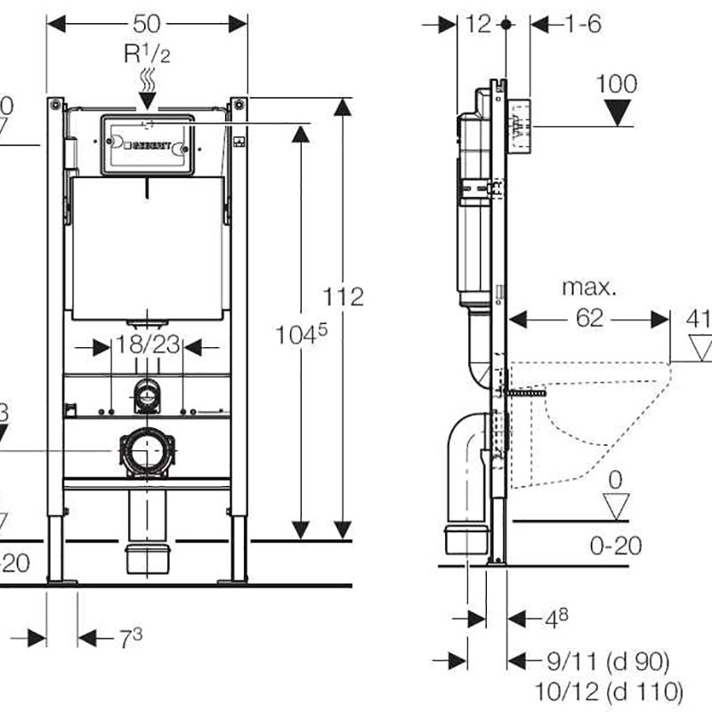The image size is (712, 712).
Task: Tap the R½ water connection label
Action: coord(146,53)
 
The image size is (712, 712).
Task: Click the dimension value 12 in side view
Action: coord(478,24)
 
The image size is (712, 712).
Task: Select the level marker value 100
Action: coord(616,85)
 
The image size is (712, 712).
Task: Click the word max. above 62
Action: coord(588,288)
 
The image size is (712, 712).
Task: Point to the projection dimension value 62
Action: coord(589,319)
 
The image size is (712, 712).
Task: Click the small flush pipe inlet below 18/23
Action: coord(145,395)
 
